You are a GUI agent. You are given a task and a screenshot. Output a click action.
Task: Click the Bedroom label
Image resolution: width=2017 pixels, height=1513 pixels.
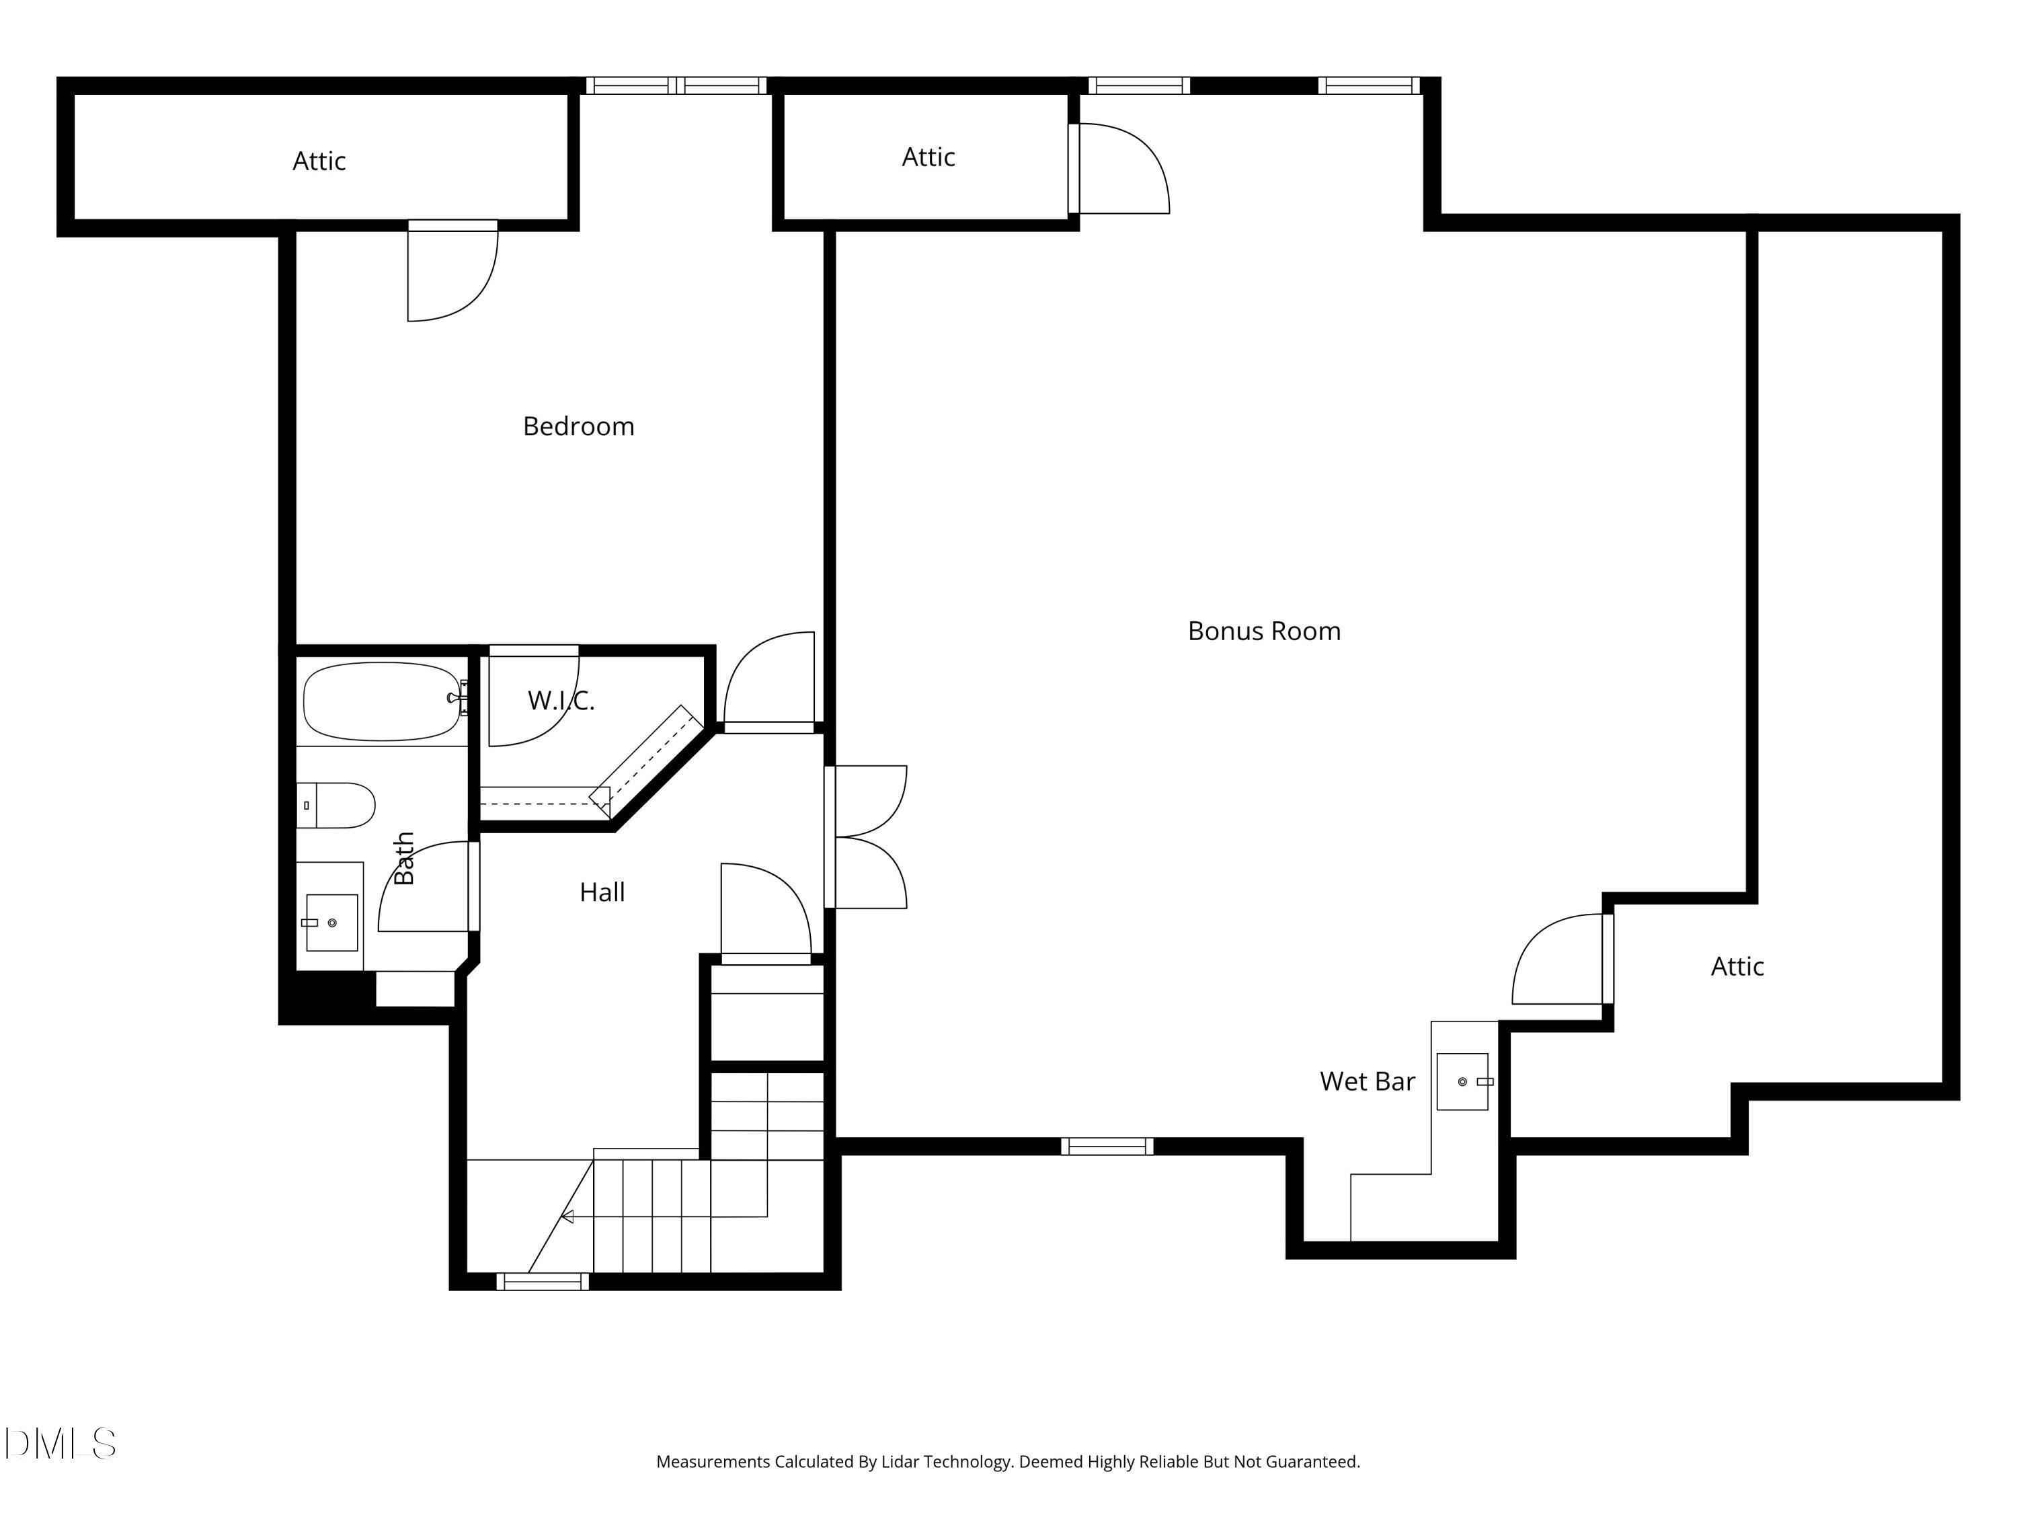click(x=578, y=426)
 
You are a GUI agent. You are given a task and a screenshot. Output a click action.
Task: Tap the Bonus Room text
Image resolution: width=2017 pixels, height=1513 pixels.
click(x=1264, y=631)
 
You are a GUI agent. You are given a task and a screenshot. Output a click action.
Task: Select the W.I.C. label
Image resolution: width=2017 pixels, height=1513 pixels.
click(x=561, y=701)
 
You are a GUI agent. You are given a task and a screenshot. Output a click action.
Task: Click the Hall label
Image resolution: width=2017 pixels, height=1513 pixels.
click(x=602, y=892)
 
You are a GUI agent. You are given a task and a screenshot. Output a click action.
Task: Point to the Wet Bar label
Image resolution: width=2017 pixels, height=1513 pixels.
click(x=1367, y=1081)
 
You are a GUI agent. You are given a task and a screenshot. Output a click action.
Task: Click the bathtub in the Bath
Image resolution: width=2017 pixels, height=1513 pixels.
click(x=382, y=701)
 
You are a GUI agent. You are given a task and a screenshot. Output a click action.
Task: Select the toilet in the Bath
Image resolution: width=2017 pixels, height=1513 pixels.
click(x=335, y=806)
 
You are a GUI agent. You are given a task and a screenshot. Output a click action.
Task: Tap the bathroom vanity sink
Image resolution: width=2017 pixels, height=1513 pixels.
click(x=331, y=922)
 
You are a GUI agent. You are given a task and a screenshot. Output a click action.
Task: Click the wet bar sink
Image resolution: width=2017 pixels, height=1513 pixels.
click(x=1462, y=1081)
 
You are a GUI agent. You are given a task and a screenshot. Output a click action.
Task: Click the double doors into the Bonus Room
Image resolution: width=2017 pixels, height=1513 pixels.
click(x=866, y=837)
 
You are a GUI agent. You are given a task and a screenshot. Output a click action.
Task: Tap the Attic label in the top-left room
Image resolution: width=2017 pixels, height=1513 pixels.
click(x=319, y=161)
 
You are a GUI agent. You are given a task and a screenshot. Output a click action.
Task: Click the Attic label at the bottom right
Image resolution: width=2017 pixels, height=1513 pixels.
click(x=1737, y=967)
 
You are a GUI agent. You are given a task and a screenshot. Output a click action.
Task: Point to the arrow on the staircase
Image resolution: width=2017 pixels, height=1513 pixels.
click(x=567, y=1216)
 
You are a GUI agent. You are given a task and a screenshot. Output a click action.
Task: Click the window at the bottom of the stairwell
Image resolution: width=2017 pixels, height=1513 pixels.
click(x=543, y=1282)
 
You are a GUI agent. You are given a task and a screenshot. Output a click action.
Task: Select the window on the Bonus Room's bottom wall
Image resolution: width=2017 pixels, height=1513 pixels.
click(x=1107, y=1147)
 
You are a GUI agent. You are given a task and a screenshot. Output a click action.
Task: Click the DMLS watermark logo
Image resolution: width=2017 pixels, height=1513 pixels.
click(x=61, y=1444)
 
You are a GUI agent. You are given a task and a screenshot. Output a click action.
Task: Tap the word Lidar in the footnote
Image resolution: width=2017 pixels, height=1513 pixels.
click(x=900, y=1462)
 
